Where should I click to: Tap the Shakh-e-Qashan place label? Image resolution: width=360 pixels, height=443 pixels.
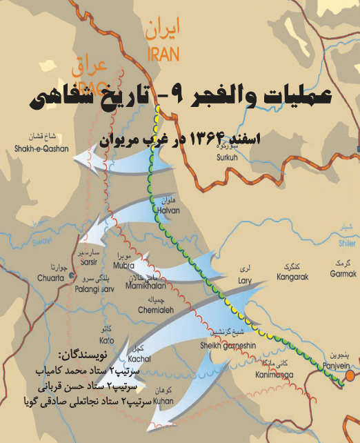(x=34, y=147)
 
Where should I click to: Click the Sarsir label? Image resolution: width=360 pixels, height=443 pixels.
(x=90, y=262)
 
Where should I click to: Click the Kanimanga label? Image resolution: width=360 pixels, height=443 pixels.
(x=274, y=375)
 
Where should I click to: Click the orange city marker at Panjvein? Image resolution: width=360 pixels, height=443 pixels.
(x=350, y=375)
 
